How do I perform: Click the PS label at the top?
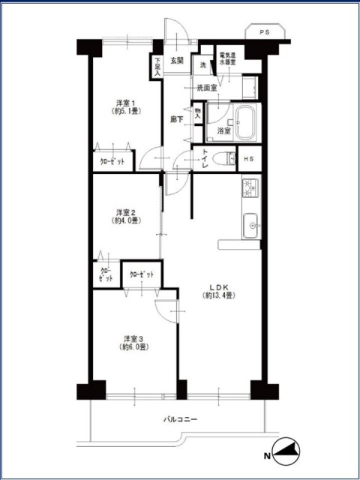265,32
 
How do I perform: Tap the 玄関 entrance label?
177,61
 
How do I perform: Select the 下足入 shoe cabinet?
157,67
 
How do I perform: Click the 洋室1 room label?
126,106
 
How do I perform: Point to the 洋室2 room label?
126,216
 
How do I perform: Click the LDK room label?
219,292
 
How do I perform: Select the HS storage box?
250,158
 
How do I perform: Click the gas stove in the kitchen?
250,188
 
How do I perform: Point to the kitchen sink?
251,226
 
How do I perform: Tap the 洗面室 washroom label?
207,88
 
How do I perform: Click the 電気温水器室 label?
226,58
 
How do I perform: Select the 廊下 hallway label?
177,120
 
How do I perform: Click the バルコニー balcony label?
180,419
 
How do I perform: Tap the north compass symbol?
286,451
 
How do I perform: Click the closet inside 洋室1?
113,160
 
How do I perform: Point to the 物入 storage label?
198,113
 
